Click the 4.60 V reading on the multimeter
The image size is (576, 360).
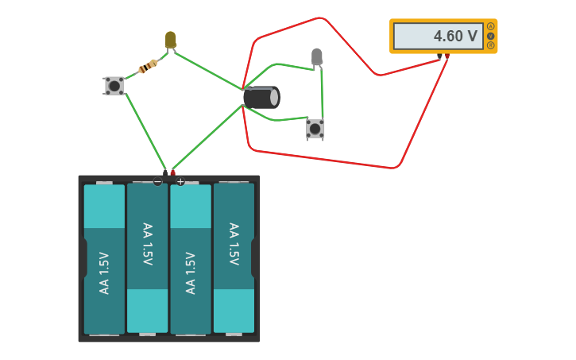coord(455,36)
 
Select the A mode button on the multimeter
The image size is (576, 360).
coord(490,26)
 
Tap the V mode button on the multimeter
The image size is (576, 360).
coord(490,36)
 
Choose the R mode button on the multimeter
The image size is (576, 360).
coord(490,45)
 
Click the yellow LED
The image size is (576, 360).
coord(170,39)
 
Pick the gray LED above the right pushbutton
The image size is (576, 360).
coord(317,56)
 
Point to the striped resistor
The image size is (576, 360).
coord(148,67)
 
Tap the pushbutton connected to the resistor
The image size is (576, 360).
coord(114,86)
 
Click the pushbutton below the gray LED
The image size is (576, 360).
coord(315,129)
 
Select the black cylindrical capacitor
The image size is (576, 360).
coord(261,98)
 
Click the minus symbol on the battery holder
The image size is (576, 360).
coord(157,182)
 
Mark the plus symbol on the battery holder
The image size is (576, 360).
coord(180,182)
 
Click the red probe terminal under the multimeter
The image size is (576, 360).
coord(447,56)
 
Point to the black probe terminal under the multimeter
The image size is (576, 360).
coord(439,56)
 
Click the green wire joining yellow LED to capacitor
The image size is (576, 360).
coord(207,70)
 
